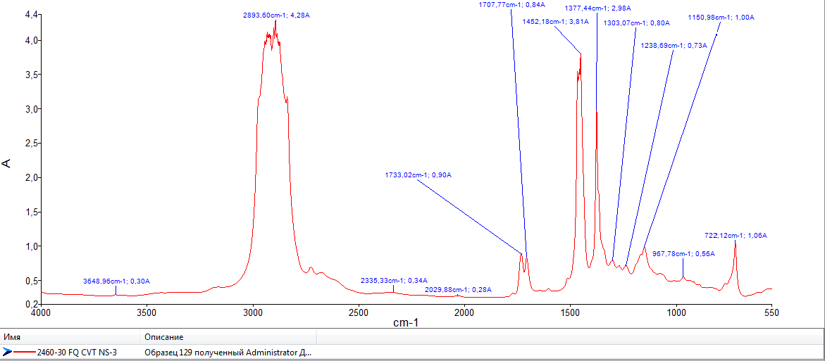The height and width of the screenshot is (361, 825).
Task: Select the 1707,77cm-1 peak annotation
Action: point(512,4)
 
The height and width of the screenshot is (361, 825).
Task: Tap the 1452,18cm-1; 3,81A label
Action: point(554,21)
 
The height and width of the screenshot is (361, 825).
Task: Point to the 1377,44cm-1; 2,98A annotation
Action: point(597,8)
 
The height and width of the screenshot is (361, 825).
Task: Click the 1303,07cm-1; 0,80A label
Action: point(636,23)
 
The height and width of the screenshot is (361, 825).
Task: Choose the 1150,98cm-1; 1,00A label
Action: point(721,18)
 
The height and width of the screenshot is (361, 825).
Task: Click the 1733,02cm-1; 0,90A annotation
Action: point(418,175)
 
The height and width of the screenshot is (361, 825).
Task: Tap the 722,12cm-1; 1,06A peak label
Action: point(736,235)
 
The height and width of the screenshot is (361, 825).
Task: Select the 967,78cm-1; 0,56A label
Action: point(683,253)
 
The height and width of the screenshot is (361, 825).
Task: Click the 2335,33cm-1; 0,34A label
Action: point(393,281)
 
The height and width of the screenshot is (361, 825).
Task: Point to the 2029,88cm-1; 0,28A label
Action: point(458,289)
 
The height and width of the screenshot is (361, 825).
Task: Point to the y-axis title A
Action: point(7,163)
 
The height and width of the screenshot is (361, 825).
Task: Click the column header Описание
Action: point(163,337)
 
